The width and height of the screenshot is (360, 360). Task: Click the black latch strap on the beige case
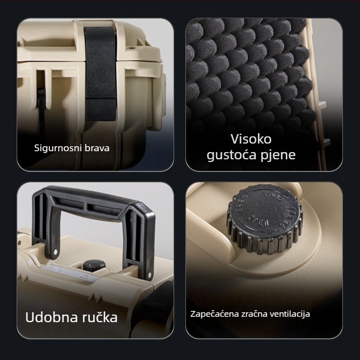point(99,72)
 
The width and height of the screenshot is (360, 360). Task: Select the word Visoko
point(251,139)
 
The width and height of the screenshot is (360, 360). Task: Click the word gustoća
point(229,155)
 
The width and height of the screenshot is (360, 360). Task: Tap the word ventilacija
point(290,314)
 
